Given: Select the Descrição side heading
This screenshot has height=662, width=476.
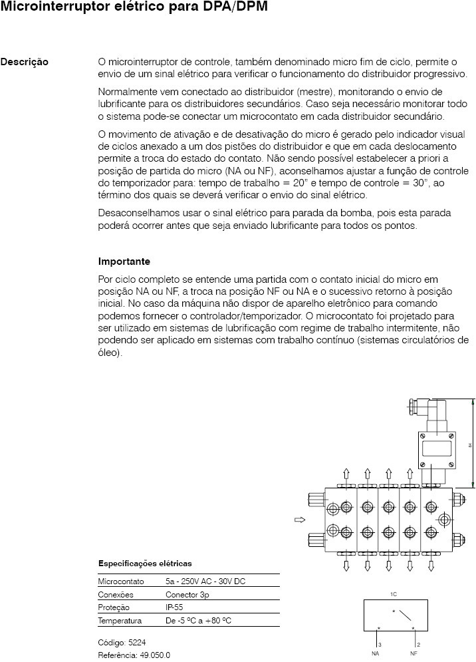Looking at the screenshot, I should (x=24, y=62).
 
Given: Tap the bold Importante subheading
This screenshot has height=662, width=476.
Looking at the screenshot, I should (x=124, y=261).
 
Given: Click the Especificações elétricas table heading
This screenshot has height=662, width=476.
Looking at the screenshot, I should (x=145, y=564).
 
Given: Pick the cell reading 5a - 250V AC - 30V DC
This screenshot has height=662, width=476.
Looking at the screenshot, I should (x=205, y=581).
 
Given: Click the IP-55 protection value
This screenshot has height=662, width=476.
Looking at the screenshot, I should (x=176, y=608).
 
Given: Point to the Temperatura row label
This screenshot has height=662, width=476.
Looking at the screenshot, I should (x=120, y=621).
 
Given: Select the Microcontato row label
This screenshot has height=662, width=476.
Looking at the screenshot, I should (x=121, y=581).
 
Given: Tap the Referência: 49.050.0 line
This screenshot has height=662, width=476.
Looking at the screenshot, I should (x=134, y=655).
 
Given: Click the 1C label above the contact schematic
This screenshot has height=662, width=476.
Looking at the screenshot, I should (x=394, y=592).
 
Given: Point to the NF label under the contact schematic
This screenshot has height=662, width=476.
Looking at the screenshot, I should (x=414, y=653).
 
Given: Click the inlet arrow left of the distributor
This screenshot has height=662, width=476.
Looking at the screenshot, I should (x=299, y=520).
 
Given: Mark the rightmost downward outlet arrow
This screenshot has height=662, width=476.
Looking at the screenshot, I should (x=431, y=566).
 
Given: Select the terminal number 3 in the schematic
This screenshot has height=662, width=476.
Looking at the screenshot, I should (x=380, y=645).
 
